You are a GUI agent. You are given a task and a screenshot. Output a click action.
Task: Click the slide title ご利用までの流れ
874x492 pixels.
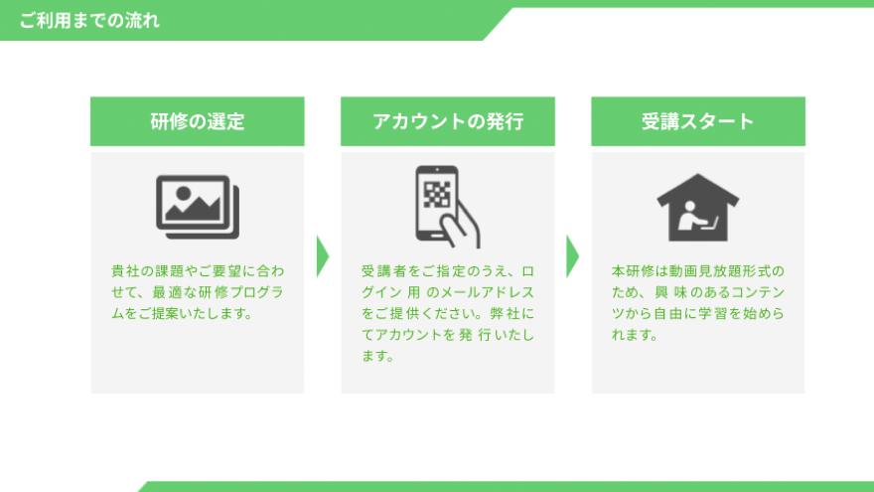pos(89,21)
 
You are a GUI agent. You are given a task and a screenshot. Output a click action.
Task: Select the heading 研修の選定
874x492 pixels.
pos(198,121)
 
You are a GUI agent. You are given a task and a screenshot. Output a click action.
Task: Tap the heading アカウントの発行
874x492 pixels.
pos(448,121)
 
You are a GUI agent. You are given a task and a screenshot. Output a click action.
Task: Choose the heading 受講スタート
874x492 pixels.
pos(698,121)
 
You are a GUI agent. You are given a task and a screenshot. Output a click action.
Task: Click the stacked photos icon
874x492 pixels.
pos(198,207)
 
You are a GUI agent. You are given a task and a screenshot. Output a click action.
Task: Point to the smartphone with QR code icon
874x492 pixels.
pos(448,207)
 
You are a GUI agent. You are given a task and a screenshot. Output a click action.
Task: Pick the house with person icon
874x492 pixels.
pos(698,208)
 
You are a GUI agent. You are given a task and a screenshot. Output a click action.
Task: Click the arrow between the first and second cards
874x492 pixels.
pos(323,256)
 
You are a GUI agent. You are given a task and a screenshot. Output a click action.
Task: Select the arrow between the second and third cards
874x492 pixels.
pos(572,256)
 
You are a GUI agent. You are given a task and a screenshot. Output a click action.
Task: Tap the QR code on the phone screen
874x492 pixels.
pos(437,195)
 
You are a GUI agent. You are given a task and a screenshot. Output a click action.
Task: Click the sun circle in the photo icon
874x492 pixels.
pos(183,194)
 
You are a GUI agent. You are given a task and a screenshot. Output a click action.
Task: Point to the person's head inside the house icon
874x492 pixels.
pos(689,206)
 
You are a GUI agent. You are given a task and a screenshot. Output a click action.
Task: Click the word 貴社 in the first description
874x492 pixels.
pos(125,271)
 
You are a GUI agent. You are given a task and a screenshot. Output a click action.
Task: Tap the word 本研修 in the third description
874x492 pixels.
pos(632,271)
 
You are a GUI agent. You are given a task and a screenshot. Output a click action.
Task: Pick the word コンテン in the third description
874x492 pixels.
pos(758,292)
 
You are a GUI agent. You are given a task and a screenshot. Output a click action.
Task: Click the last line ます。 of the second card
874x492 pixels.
pos(378,356)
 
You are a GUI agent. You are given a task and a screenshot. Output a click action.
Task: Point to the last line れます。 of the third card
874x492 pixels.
pos(635,335)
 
